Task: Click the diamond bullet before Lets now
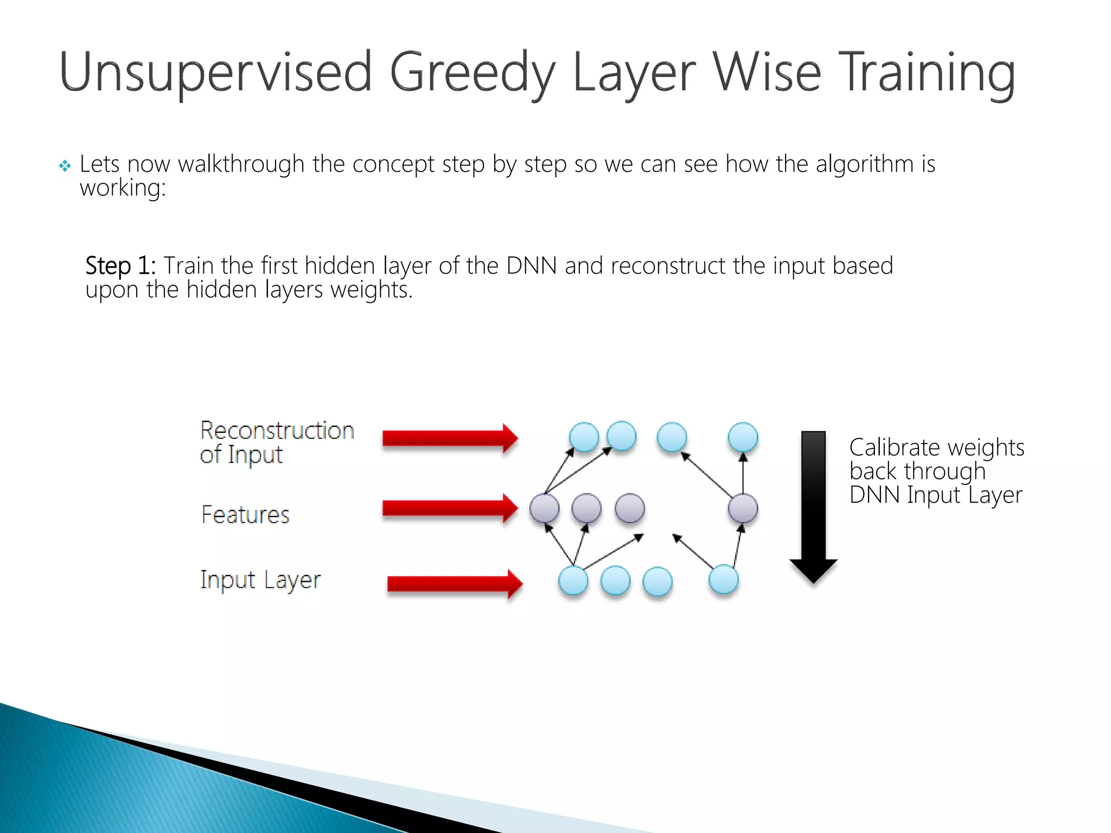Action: click(65, 166)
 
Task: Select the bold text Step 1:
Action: click(120, 266)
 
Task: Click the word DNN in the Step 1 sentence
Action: click(531, 266)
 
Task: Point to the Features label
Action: click(245, 515)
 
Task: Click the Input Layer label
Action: click(260, 580)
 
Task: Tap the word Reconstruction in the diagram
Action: click(277, 431)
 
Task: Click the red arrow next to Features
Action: click(449, 508)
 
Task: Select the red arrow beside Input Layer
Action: click(455, 584)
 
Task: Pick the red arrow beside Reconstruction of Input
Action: click(449, 438)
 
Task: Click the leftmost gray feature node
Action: click(544, 508)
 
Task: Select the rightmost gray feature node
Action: click(743, 508)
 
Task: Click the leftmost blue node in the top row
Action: click(584, 437)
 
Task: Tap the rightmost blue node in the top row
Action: click(743, 437)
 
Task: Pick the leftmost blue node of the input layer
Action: click(573, 581)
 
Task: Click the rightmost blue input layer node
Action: click(724, 579)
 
